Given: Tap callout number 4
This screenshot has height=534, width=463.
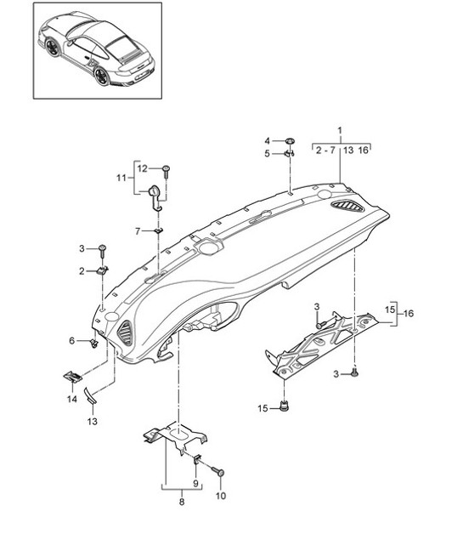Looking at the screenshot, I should coord(266,140).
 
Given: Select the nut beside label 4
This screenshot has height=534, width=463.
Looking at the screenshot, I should coord(290,140).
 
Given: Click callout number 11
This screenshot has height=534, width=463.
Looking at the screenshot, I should coord(121,179).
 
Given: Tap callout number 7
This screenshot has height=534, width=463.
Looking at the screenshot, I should coord(136,230).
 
